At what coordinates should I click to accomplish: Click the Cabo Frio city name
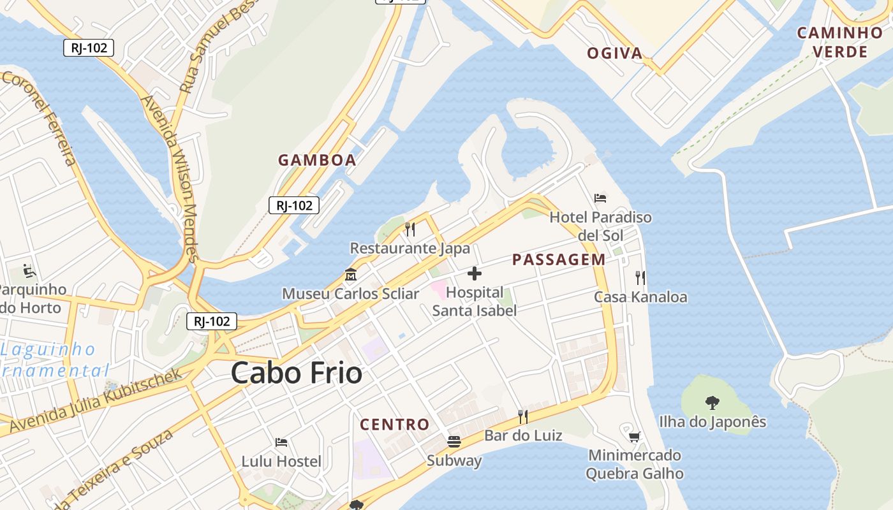click(x=297, y=373)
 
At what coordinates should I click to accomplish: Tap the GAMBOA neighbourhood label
click(x=317, y=160)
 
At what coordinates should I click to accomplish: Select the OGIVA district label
click(x=615, y=54)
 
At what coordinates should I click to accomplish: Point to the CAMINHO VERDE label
click(x=840, y=42)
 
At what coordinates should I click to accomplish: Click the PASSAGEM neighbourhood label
click(x=559, y=259)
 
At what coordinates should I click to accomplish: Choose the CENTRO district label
click(x=395, y=425)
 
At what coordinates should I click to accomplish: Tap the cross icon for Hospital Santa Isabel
click(x=475, y=273)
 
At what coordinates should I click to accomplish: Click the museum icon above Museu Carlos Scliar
click(x=350, y=275)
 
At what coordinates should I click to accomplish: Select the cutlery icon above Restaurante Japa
click(x=410, y=229)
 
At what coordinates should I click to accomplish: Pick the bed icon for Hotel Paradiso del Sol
click(x=600, y=198)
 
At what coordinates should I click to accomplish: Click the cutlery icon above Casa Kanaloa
click(x=640, y=277)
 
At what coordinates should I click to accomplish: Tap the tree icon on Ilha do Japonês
click(x=712, y=402)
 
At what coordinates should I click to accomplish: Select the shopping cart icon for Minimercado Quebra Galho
click(x=634, y=437)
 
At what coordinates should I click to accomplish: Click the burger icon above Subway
click(x=454, y=441)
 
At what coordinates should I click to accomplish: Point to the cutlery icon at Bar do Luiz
click(x=523, y=416)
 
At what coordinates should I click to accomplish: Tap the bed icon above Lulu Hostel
click(x=281, y=442)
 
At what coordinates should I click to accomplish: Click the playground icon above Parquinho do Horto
click(x=29, y=271)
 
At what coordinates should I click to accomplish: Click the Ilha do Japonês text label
click(x=712, y=422)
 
